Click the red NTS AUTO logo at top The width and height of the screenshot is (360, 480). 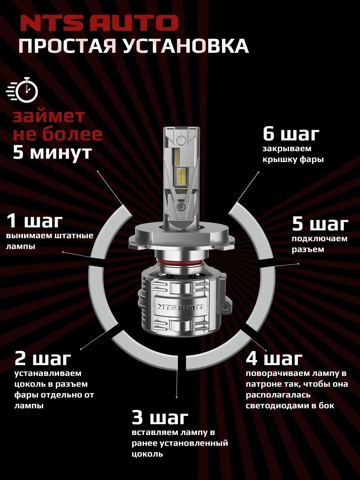point(99,23)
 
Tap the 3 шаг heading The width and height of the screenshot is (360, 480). point(160,418)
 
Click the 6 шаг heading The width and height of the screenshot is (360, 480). point(291,134)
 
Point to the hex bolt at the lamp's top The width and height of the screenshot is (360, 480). point(181,140)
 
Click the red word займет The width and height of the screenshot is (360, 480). point(49,116)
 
